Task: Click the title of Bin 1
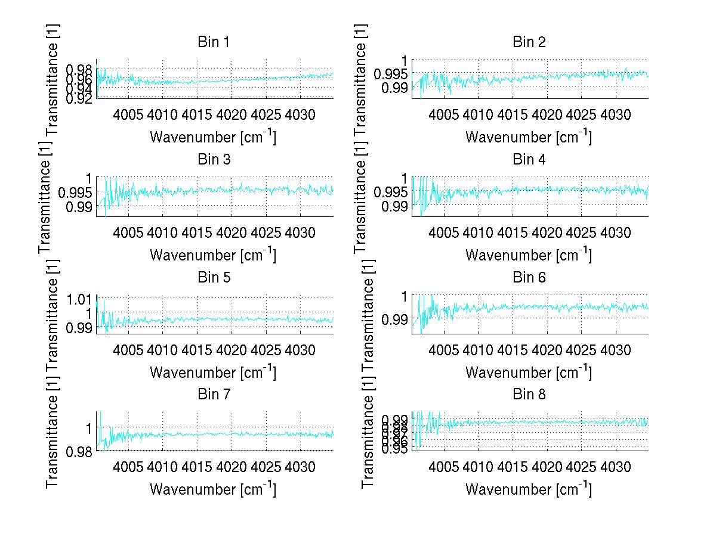(213, 42)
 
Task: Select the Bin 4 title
(529, 160)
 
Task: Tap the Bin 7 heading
(213, 395)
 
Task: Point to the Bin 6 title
(529, 277)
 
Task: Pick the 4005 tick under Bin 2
(445, 114)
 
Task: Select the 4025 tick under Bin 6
(582, 349)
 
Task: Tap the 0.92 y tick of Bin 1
(79, 98)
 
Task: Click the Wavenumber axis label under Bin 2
(529, 138)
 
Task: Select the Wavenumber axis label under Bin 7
(213, 490)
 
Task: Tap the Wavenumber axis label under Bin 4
(529, 255)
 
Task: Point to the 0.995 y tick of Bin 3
(76, 192)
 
